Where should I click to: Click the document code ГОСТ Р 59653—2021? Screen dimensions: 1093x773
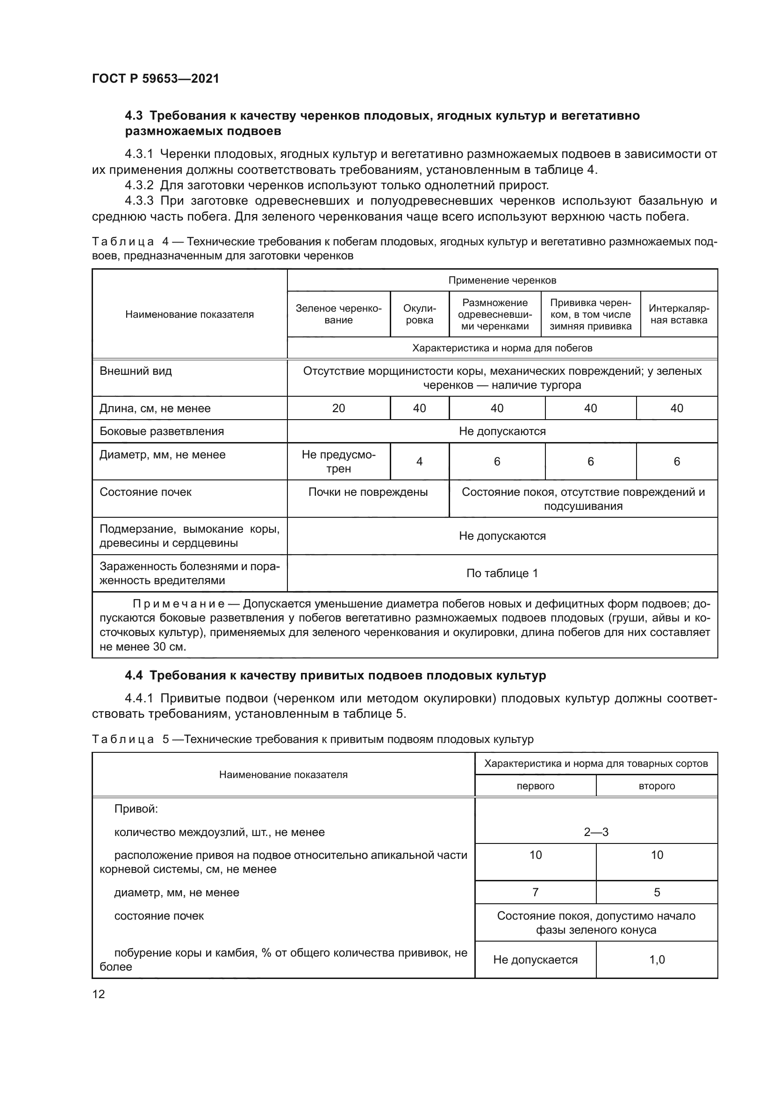(x=155, y=79)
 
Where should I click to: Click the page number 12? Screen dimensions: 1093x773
(x=99, y=994)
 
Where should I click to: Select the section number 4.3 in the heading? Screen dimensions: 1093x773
(x=133, y=116)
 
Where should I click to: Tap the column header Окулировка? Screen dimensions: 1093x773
(x=419, y=314)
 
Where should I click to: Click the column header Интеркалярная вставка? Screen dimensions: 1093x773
(x=678, y=314)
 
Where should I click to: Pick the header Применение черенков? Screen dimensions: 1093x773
(x=501, y=280)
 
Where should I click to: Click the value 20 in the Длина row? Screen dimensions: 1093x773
(x=338, y=408)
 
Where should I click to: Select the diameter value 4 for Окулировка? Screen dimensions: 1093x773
(x=419, y=461)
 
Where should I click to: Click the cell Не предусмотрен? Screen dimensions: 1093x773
(x=338, y=461)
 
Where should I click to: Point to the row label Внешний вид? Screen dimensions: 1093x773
(x=136, y=371)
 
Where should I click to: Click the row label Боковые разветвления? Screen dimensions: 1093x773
(x=161, y=431)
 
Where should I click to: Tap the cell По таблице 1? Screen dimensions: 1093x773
(x=501, y=573)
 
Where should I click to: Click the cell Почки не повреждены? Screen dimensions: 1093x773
(x=367, y=492)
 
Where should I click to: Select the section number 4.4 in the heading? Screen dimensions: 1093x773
(x=133, y=676)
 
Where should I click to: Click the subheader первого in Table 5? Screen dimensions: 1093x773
(x=535, y=786)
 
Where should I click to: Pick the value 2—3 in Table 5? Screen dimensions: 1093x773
(x=595, y=832)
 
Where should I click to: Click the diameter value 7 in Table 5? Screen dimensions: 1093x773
(x=535, y=892)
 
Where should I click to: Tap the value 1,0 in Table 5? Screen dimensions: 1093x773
(x=656, y=960)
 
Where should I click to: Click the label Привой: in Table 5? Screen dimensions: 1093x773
(x=136, y=809)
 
